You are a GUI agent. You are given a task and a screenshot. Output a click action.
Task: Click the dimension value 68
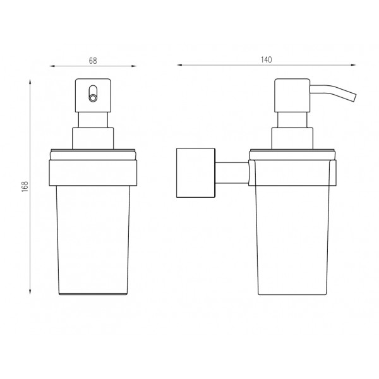(x=93, y=61)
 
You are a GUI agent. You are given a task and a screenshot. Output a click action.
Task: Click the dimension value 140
(x=266, y=60)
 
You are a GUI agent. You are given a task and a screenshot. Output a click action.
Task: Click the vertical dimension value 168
(x=25, y=186)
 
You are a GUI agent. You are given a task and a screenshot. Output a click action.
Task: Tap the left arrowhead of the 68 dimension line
(x=52, y=66)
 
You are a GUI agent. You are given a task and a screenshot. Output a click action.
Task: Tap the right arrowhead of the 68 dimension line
(x=134, y=66)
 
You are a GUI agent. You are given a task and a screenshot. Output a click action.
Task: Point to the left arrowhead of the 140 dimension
(x=179, y=65)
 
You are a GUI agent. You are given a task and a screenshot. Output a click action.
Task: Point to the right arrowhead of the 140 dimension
(x=353, y=65)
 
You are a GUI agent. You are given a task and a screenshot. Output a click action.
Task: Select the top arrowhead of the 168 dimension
(x=30, y=81)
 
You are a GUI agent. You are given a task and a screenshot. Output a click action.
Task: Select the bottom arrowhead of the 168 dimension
(x=30, y=292)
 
